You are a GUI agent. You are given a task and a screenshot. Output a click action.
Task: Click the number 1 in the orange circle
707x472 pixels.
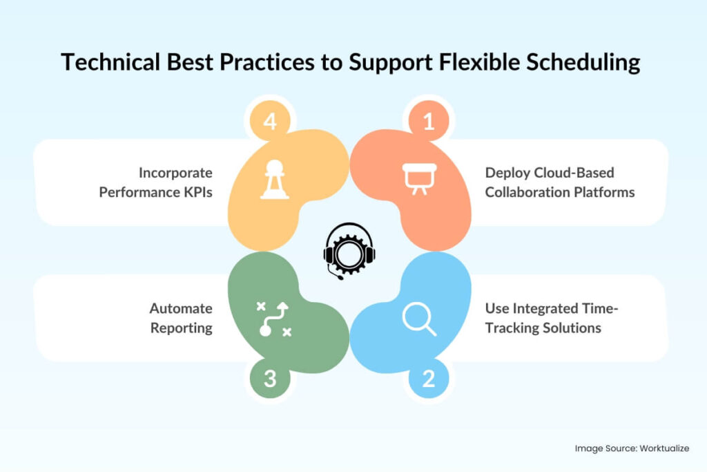(x=429, y=122)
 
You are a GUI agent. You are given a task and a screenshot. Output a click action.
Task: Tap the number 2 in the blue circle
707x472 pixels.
(x=429, y=379)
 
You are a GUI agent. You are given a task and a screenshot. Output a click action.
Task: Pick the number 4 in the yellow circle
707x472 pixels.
(x=270, y=122)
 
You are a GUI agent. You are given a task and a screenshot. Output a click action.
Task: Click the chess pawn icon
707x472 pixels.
(x=275, y=181)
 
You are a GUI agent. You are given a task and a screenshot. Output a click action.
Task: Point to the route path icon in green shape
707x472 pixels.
(x=274, y=319)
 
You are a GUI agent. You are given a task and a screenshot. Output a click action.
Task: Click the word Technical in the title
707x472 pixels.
(x=107, y=62)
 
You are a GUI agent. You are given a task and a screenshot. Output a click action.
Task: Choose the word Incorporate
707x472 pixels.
(x=175, y=172)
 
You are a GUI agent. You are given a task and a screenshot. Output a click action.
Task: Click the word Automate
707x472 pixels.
(x=181, y=308)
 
